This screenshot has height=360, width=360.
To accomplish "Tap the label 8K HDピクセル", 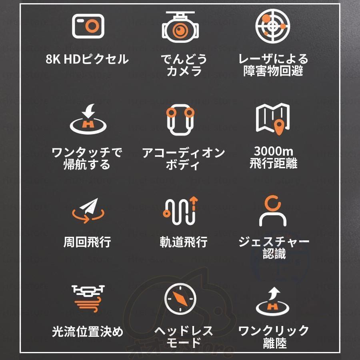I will (87, 60).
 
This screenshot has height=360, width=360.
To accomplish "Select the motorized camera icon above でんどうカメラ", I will (180, 27).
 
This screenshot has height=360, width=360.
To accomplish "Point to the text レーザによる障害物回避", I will (274, 65).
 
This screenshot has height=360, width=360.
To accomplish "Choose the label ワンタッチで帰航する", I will (87, 158).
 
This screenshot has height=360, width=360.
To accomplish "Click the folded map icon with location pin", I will (273, 119).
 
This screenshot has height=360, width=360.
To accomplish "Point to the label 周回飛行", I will (87, 242).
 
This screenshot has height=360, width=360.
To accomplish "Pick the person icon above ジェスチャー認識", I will (273, 211).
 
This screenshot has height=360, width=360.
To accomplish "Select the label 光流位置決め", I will (87, 332).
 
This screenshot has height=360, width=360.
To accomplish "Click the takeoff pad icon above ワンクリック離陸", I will (273, 301).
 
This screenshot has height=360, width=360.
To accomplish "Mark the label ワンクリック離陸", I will (274, 337).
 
